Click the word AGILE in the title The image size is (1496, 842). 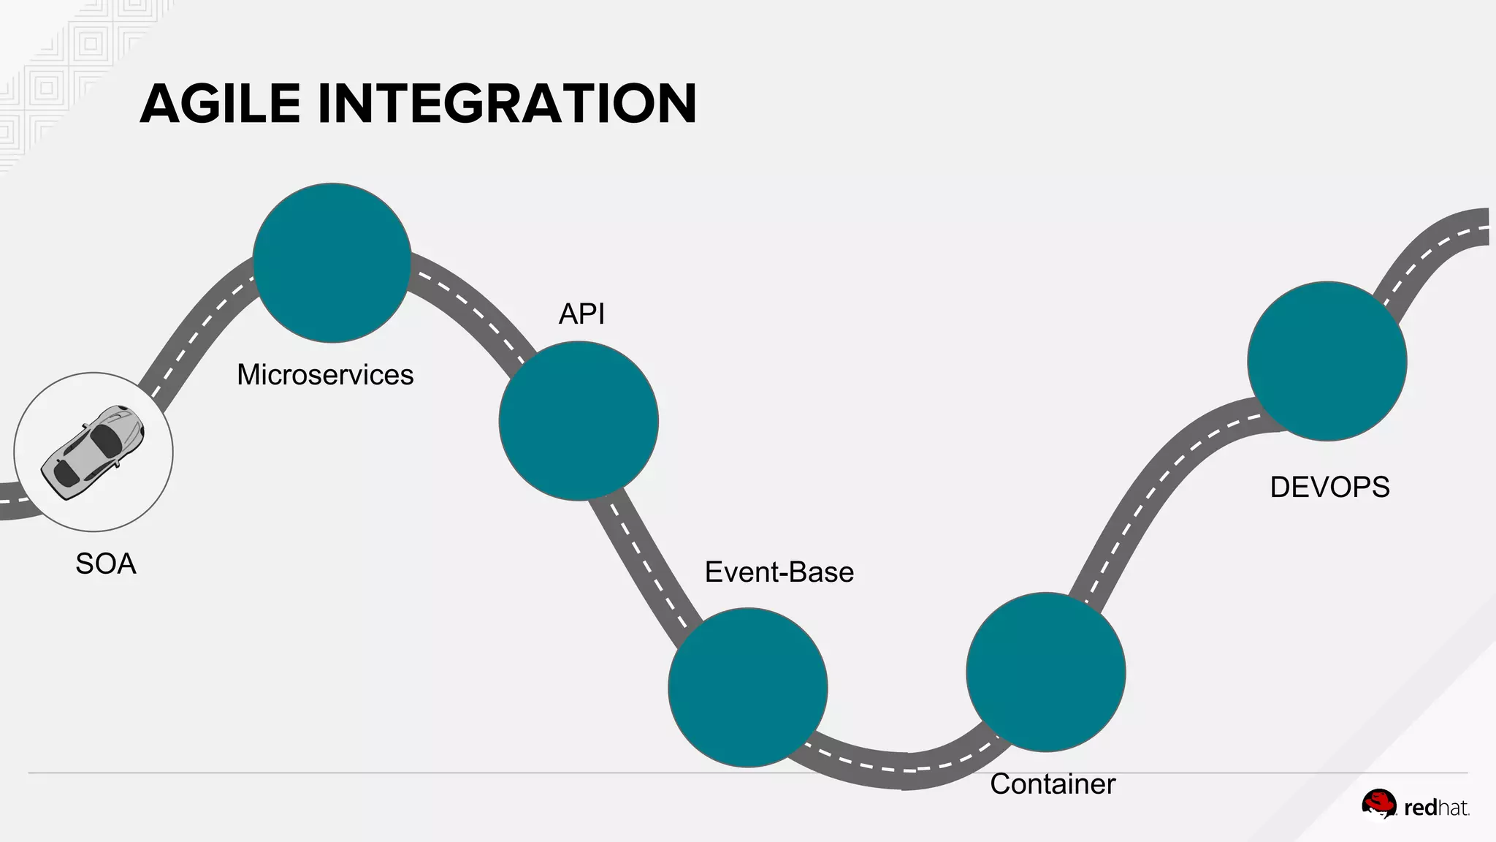pyautogui.click(x=220, y=104)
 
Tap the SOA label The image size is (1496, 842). pyautogui.click(x=106, y=564)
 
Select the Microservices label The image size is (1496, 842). pyautogui.click(x=325, y=375)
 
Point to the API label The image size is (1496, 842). pyautogui.click(x=581, y=314)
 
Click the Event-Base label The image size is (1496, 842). pyautogui.click(x=779, y=572)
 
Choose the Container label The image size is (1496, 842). pyautogui.click(x=1053, y=784)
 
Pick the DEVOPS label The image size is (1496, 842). pyautogui.click(x=1329, y=488)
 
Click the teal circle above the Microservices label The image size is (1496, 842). pyautogui.click(x=332, y=262)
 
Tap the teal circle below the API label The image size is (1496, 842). pyautogui.click(x=579, y=421)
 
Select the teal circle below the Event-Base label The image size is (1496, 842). pyautogui.click(x=747, y=687)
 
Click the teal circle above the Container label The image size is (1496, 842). pyautogui.click(x=1045, y=672)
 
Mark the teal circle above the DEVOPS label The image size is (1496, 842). pyautogui.click(x=1327, y=361)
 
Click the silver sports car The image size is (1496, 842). pyautogui.click(x=93, y=452)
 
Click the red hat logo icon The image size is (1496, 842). pyautogui.click(x=1378, y=805)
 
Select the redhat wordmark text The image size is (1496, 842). pyautogui.click(x=1436, y=808)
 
